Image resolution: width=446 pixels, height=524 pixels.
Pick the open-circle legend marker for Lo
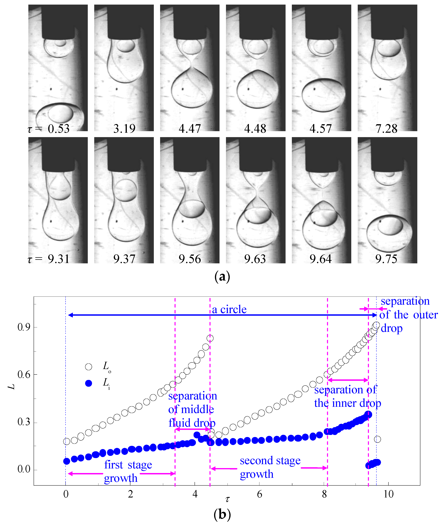(x=88, y=367)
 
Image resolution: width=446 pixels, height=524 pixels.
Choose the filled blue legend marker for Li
(x=88, y=383)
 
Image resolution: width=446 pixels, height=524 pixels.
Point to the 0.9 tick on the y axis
(x=24, y=327)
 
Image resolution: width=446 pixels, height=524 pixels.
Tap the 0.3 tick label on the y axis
(x=24, y=422)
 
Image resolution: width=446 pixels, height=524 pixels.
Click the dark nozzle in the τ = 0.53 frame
(x=58, y=22)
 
